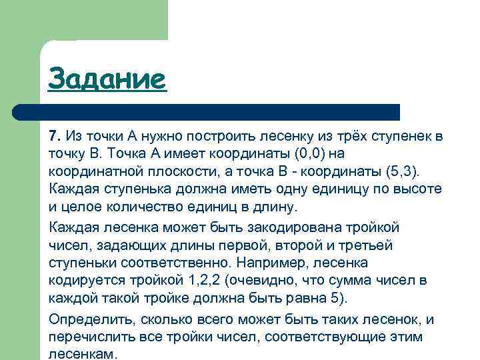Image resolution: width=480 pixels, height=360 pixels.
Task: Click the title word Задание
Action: click(x=106, y=79)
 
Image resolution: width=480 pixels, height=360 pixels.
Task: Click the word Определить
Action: click(x=87, y=319)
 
